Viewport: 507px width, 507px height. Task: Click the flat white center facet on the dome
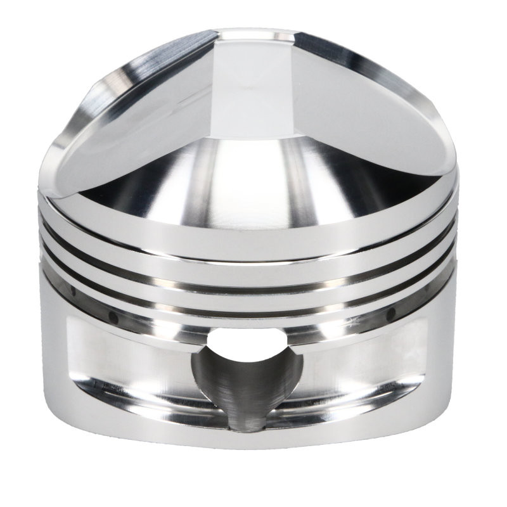[253, 82]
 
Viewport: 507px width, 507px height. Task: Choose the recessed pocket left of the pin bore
[127, 361]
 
